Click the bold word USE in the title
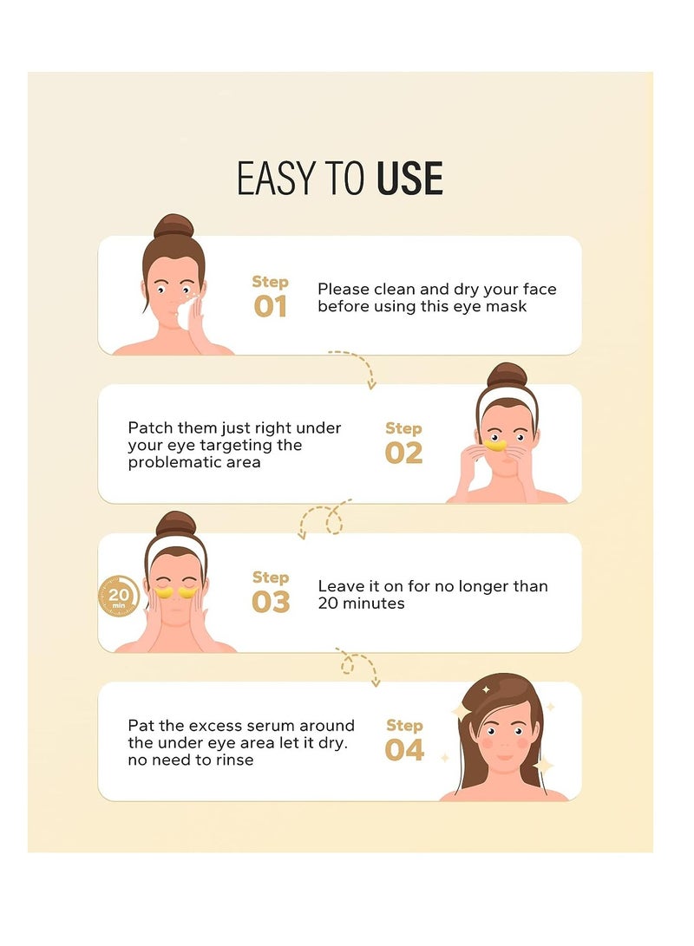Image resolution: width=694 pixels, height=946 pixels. click(x=409, y=178)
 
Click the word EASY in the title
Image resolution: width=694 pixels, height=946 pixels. click(x=277, y=178)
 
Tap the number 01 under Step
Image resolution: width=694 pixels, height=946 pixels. click(x=270, y=306)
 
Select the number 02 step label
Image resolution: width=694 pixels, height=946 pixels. click(x=403, y=453)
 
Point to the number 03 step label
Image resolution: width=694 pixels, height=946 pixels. click(x=271, y=602)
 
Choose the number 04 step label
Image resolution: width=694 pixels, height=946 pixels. click(x=404, y=750)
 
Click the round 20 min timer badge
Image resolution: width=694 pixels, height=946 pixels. click(x=118, y=596)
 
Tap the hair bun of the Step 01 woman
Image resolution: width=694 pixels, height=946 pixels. click(x=173, y=226)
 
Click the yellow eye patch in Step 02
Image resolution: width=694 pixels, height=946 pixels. click(x=495, y=445)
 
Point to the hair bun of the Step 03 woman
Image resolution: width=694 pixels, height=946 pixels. click(x=175, y=524)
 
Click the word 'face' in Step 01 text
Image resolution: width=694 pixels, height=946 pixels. click(x=540, y=289)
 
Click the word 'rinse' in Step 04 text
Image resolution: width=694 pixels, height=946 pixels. click(x=234, y=760)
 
